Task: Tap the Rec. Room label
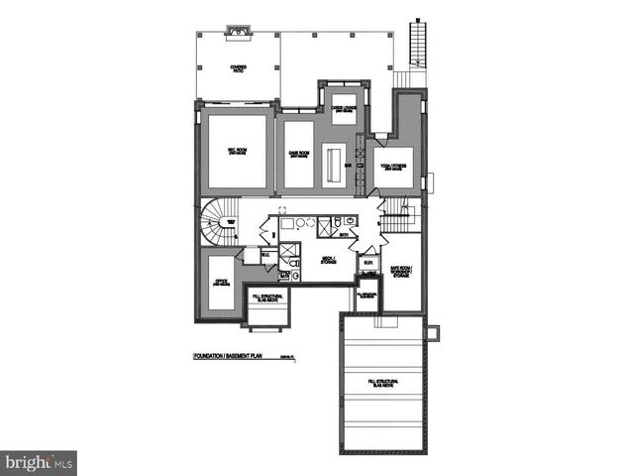pyautogui.click(x=237, y=152)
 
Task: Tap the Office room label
pyautogui.click(x=221, y=283)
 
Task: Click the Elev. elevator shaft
pyautogui.click(x=367, y=263)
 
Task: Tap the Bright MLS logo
pyautogui.click(x=39, y=462)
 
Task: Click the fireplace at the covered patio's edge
pyautogui.click(x=239, y=31)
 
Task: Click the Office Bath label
pyautogui.click(x=285, y=274)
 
